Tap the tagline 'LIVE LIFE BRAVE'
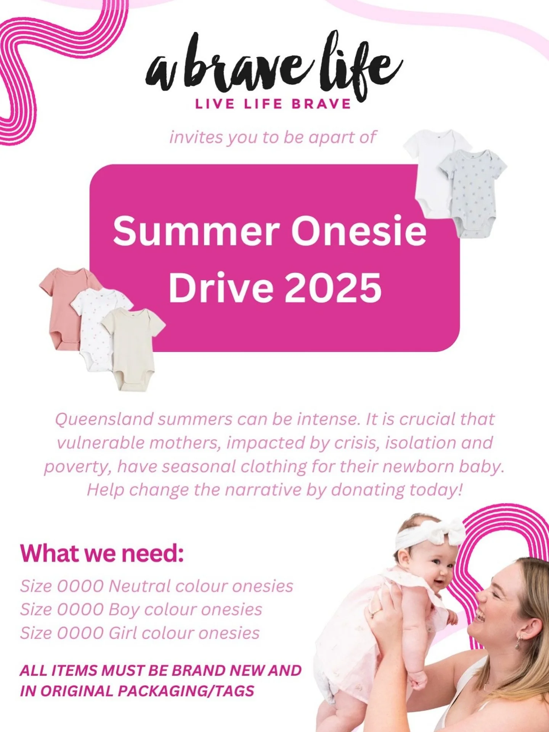click(x=273, y=104)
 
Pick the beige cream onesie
click(x=133, y=347)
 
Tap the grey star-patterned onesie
click(x=473, y=191)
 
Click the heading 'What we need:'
click(x=102, y=553)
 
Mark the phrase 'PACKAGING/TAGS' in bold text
click(x=186, y=691)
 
